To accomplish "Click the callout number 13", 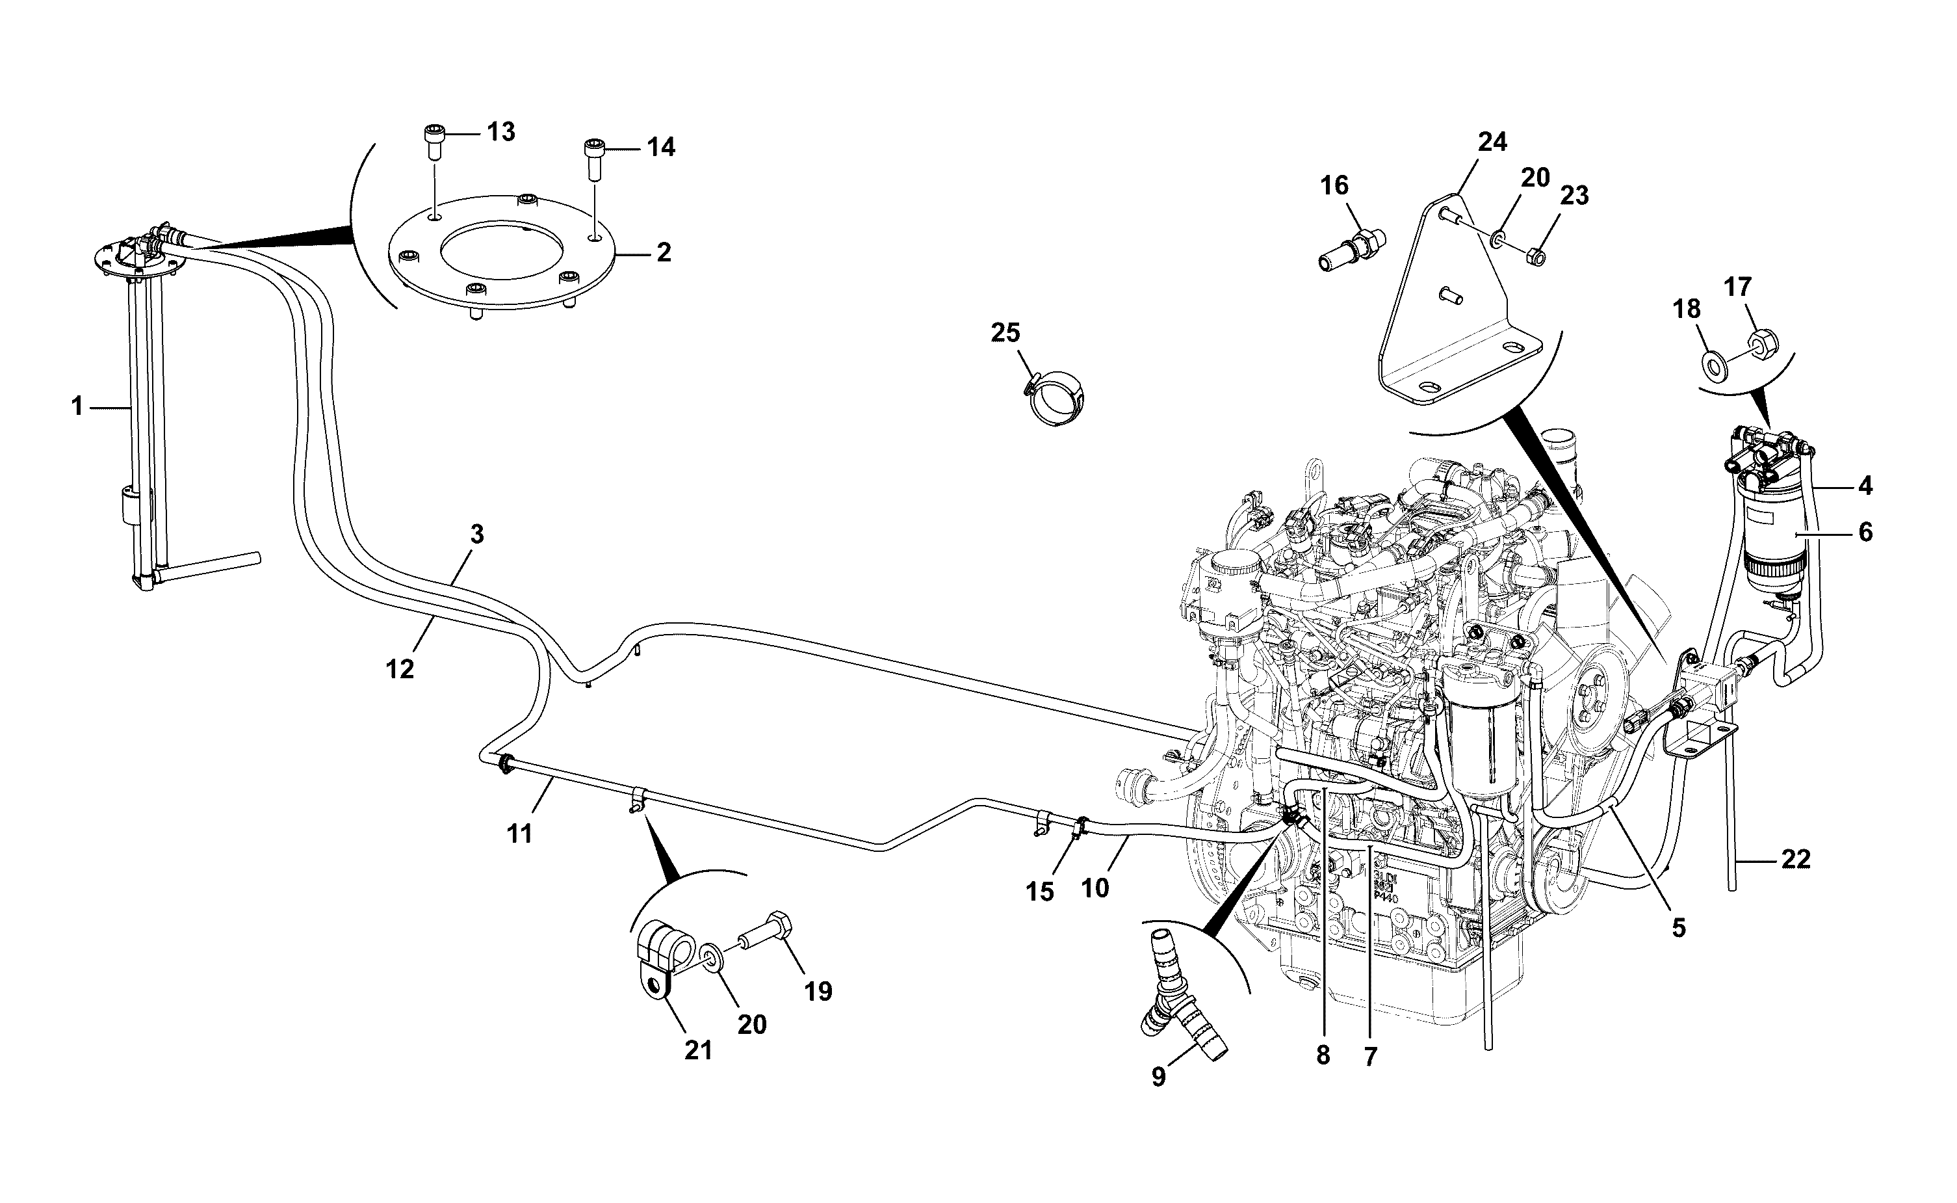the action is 501,131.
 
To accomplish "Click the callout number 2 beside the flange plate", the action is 663,252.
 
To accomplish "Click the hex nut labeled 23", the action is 1536,256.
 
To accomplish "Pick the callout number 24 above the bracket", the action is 1492,142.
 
